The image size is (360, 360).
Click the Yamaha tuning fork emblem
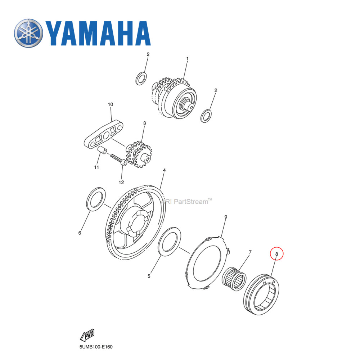[28, 33]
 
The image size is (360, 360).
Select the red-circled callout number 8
[277, 254]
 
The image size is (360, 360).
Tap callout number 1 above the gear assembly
[187, 58]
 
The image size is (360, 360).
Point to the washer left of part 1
[141, 78]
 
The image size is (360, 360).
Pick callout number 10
[111, 104]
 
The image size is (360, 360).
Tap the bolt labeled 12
[118, 159]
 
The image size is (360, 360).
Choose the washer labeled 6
[96, 198]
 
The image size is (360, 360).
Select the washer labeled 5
[169, 242]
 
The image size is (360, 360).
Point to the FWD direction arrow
[87, 336]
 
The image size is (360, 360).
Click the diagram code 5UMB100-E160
[96, 347]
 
